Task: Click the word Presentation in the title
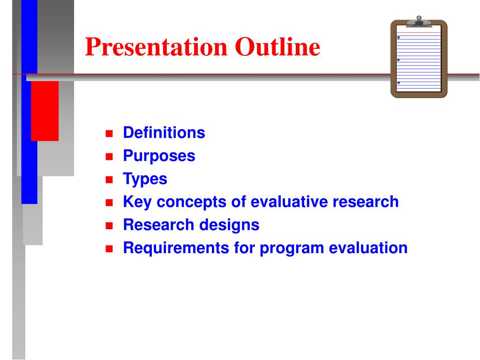(x=156, y=47)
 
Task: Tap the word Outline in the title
(x=277, y=46)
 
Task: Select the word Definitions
(x=164, y=133)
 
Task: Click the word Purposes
(x=159, y=156)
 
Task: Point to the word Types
(x=145, y=179)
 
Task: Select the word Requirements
(x=176, y=248)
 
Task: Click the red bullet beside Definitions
(x=109, y=134)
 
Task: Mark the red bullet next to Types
(x=109, y=180)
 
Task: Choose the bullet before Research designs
(x=109, y=226)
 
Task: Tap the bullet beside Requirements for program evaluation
(x=109, y=249)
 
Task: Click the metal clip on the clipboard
(x=419, y=22)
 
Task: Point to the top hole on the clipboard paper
(x=398, y=37)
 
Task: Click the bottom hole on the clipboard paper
(x=398, y=82)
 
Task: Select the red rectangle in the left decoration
(x=45, y=111)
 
